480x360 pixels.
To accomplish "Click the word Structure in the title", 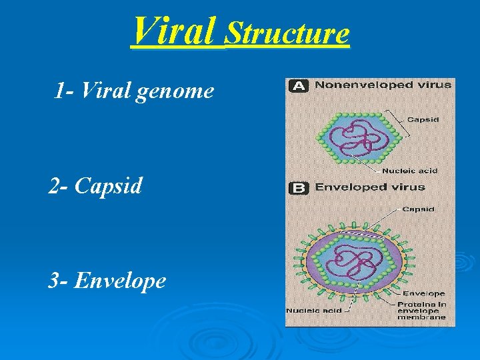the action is [287, 33].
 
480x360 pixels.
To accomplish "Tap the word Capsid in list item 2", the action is [109, 185].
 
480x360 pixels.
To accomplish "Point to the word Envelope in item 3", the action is [120, 281].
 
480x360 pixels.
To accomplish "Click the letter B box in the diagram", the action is [298, 188].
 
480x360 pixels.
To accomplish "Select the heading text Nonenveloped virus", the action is [383, 85].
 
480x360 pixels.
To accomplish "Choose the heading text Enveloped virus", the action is [369, 187].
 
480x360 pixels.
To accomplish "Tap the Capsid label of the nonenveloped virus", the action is [423, 120].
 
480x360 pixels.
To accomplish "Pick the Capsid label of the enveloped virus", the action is [419, 209].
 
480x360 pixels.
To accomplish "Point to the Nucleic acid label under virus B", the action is [313, 311].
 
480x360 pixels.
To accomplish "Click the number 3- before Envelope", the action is [58, 281].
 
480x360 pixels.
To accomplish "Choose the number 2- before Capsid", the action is [58, 185].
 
